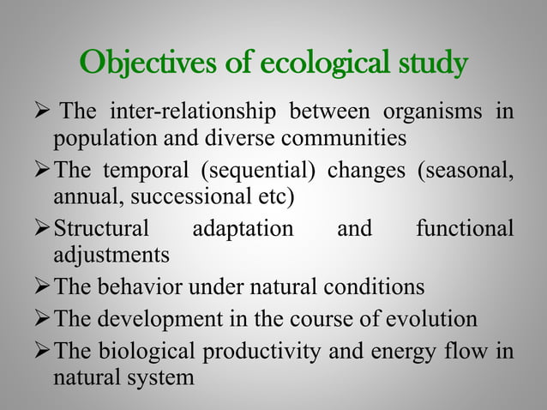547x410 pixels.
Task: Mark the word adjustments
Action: [111, 255]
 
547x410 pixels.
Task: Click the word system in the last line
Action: [161, 377]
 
